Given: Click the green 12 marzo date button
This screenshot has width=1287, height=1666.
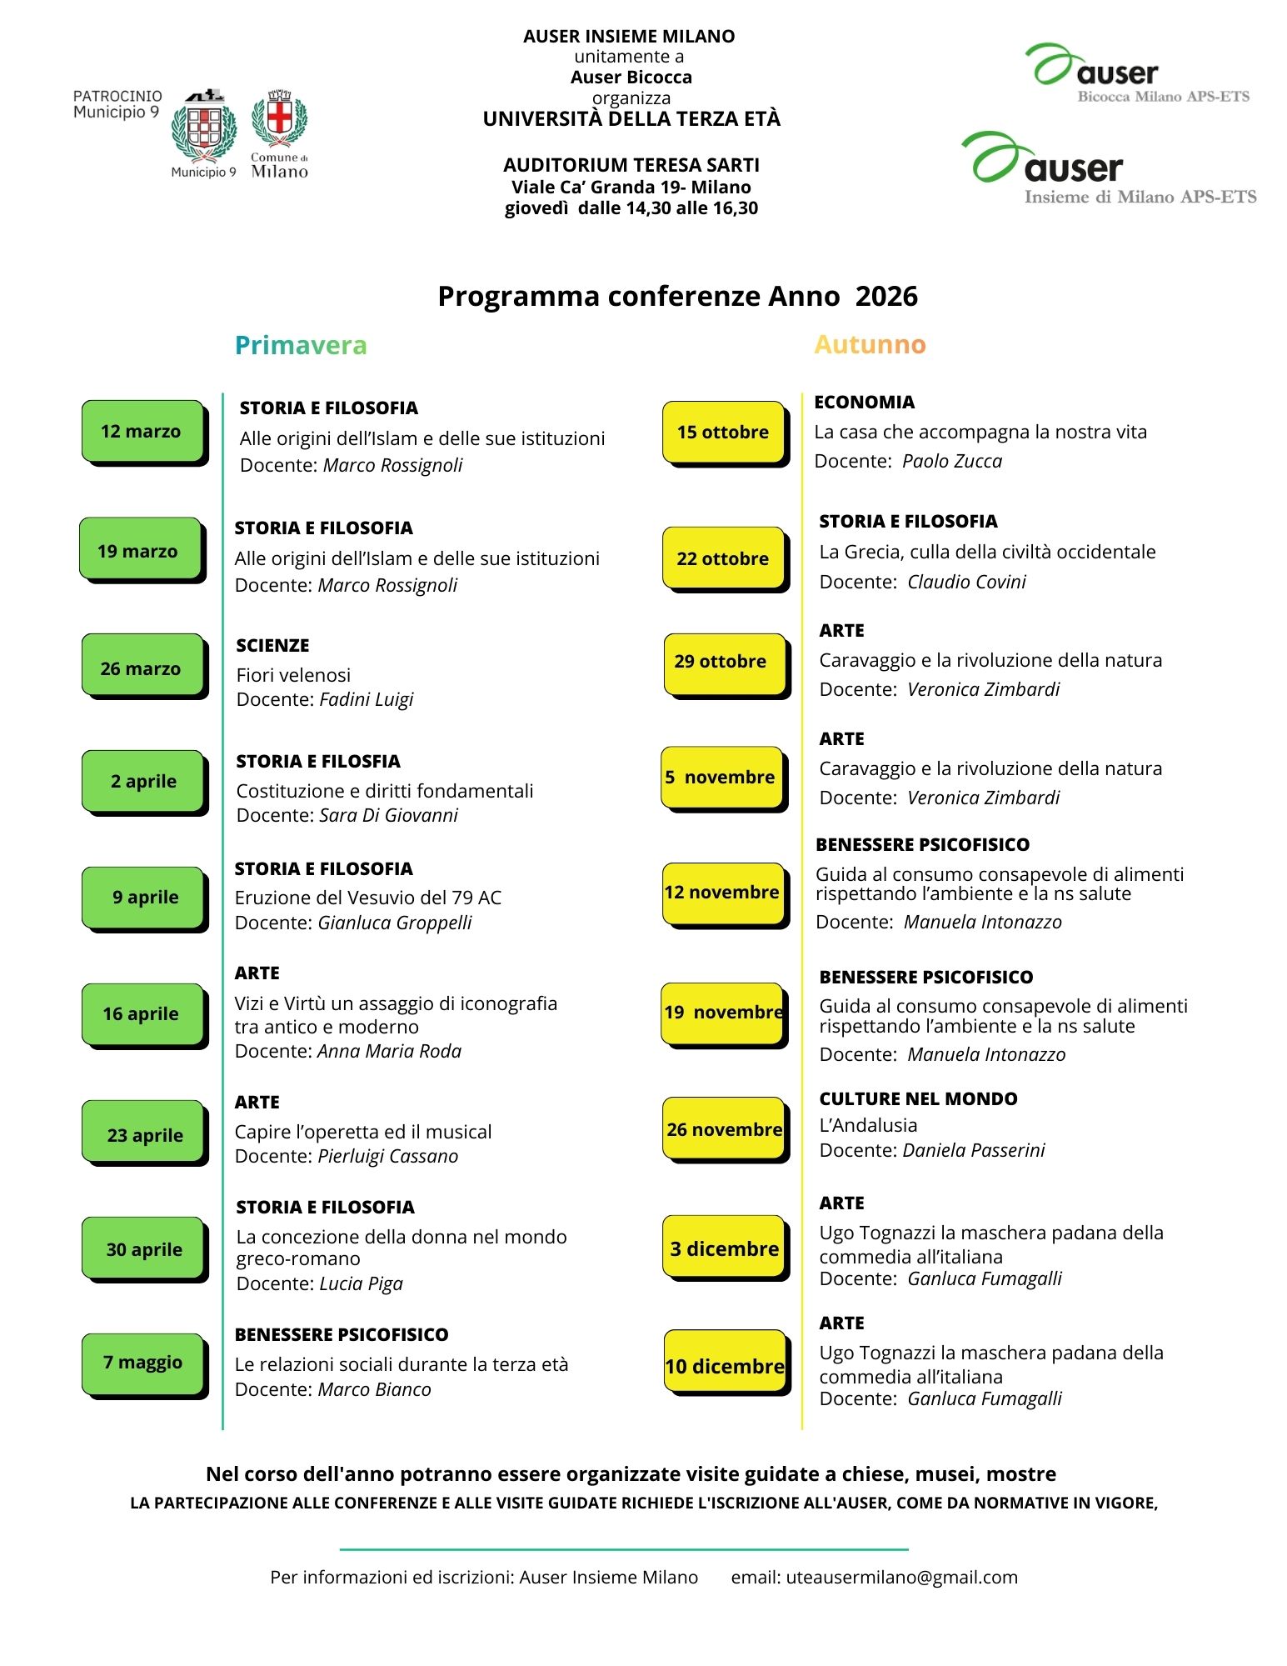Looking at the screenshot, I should click(x=142, y=431).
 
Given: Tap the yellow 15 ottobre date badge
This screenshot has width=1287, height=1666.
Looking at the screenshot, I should click(x=723, y=432).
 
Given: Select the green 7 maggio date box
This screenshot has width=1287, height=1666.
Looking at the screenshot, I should click(x=142, y=1362).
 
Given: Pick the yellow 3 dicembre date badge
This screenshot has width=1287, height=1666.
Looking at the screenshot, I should click(x=723, y=1248).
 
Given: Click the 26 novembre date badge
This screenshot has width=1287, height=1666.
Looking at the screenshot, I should click(x=723, y=1129).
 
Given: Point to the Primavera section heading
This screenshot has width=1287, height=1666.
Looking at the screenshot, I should click(x=301, y=345).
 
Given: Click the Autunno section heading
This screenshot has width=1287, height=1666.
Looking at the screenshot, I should click(x=870, y=344).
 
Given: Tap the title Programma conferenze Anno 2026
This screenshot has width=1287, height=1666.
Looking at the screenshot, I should click(x=677, y=296).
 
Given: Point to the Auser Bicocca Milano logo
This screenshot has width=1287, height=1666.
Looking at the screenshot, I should click(x=1137, y=73).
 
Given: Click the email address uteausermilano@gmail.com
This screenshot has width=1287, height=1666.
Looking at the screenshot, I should click(x=901, y=1577).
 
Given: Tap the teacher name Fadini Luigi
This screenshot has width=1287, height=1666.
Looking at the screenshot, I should click(x=367, y=699).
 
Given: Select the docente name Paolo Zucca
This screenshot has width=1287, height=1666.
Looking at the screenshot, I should click(x=952, y=461).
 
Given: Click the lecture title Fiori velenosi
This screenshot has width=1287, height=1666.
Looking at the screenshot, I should click(x=293, y=674).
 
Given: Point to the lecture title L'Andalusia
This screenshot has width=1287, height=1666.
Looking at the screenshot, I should click(x=868, y=1125).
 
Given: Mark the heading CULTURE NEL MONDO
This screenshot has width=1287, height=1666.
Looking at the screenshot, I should click(x=918, y=1098).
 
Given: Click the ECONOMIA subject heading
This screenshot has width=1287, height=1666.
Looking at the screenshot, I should click(x=864, y=402).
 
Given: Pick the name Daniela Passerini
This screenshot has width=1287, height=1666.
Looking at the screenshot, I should click(x=974, y=1150).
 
